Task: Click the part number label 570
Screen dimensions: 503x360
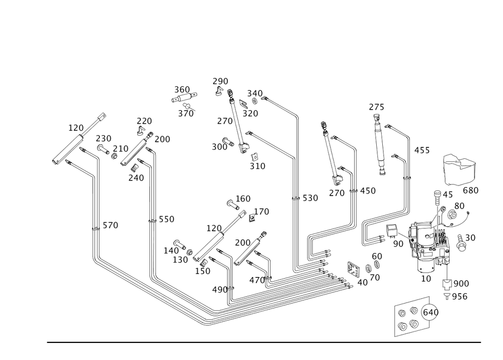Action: [x=110, y=225]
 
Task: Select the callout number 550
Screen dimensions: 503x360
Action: [x=166, y=219]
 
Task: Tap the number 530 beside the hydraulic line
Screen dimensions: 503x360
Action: [x=310, y=198]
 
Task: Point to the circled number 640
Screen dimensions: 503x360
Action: [x=431, y=312]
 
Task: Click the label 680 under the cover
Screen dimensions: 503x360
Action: [x=470, y=191]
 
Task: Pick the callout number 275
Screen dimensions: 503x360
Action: [x=376, y=107]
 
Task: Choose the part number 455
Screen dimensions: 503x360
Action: [x=422, y=150]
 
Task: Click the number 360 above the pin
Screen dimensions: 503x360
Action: [x=182, y=90]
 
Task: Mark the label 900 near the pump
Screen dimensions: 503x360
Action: [x=461, y=284]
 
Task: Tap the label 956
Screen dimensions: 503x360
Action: [x=460, y=297]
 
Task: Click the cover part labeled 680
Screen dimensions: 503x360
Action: [x=460, y=169]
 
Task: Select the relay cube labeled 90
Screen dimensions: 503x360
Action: [x=392, y=230]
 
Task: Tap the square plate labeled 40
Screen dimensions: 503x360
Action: [x=354, y=270]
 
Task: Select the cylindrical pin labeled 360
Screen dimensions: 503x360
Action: [x=184, y=97]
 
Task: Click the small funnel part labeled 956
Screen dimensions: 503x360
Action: [x=447, y=296]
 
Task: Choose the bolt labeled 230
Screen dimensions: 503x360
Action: [x=103, y=149]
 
